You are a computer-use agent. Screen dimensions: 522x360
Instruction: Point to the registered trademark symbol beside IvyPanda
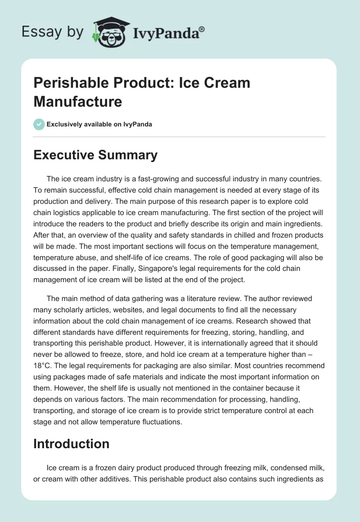click(202, 29)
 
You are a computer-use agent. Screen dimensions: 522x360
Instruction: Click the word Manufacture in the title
click(78, 101)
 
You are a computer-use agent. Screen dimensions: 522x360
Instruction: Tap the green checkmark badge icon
click(39, 124)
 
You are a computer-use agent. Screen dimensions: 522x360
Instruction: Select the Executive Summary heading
click(95, 155)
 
